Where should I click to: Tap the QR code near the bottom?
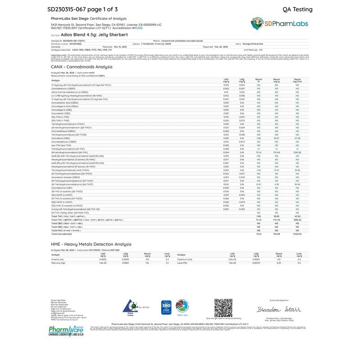223,308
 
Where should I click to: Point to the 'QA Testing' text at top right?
297,9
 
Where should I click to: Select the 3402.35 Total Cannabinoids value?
297,234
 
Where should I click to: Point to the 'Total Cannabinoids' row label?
62,234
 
